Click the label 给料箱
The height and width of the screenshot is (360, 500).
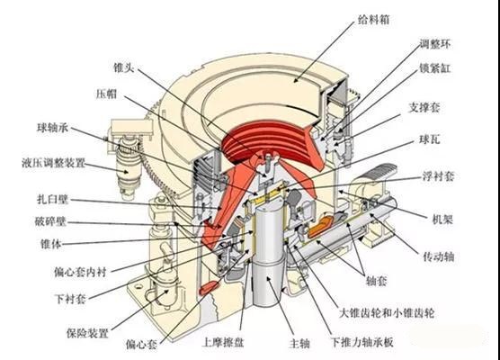point(373,20)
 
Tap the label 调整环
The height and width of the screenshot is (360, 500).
point(435,44)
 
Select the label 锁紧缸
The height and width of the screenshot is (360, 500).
point(434,68)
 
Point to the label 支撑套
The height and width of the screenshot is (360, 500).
point(424,107)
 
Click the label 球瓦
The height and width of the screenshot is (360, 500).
point(429,139)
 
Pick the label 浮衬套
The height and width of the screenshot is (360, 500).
point(438,175)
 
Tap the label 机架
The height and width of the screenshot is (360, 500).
point(442,220)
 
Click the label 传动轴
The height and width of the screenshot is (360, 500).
point(439,256)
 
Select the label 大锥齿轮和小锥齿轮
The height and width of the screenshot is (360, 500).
point(387,313)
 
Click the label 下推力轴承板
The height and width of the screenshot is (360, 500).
point(362,342)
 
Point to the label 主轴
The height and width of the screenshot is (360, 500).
point(299,344)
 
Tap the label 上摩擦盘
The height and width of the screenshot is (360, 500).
point(223,342)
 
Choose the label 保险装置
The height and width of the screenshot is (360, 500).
point(87,333)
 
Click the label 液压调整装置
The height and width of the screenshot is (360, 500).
point(53,163)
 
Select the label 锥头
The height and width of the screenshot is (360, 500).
point(124,67)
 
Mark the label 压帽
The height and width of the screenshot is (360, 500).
point(106,94)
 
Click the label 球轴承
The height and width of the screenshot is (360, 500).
point(53,128)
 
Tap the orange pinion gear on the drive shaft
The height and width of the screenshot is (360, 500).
point(320,227)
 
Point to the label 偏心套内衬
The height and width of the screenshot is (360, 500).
point(80,272)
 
